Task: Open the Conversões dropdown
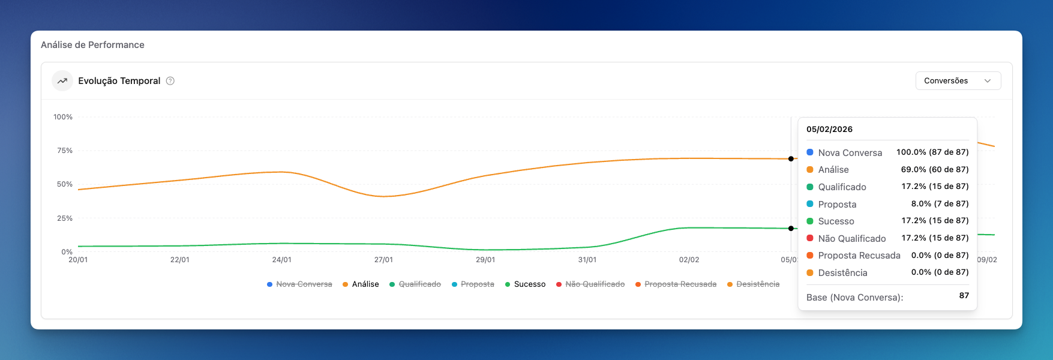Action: point(958,81)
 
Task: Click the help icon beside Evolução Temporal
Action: point(170,81)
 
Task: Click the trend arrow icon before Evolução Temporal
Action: point(62,81)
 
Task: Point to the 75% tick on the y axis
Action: point(65,151)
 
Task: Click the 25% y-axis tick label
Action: point(65,218)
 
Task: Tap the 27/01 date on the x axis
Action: point(383,260)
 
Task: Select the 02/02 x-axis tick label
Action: point(689,260)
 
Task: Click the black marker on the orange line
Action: point(791,159)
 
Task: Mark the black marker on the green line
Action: point(791,229)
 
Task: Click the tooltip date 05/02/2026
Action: point(829,130)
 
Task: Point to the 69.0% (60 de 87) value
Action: point(934,170)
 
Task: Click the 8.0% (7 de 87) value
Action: point(940,204)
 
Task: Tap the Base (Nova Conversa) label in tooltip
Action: point(854,298)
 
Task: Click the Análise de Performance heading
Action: point(92,45)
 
